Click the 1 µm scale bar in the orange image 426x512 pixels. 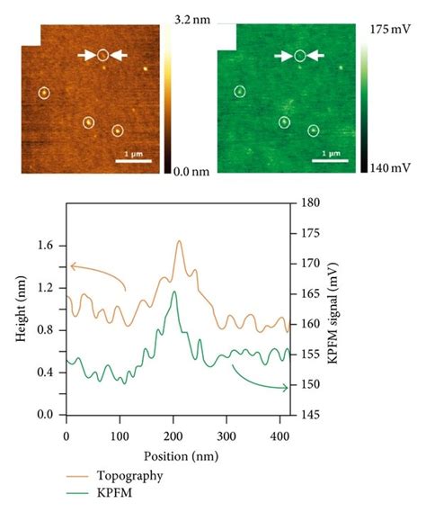[132, 162]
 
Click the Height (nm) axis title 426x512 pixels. [20, 310]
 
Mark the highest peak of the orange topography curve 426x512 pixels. [179, 241]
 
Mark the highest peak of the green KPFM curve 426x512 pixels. [175, 292]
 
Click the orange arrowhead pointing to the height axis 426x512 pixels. [72, 265]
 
